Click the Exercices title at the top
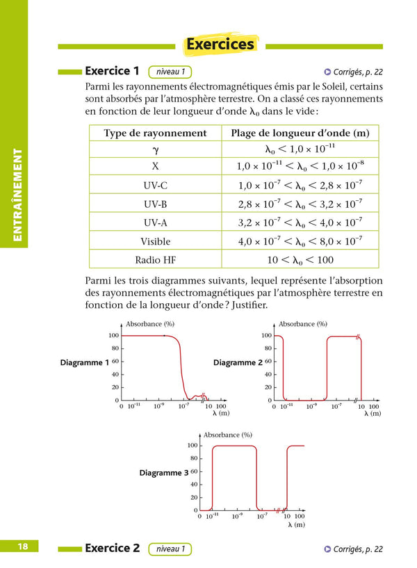(x=220, y=44)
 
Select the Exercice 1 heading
(x=112, y=71)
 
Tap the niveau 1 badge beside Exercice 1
(x=171, y=72)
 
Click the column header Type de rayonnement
(x=155, y=133)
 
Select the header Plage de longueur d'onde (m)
(x=300, y=133)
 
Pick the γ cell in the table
(x=155, y=149)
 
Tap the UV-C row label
(x=155, y=186)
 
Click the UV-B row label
(x=155, y=204)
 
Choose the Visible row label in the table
(x=155, y=241)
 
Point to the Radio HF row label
(x=155, y=259)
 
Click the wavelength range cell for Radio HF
(x=300, y=259)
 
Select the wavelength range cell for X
(x=300, y=167)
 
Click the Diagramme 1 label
(x=85, y=362)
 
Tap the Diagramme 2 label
(x=237, y=362)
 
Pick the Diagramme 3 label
(x=164, y=472)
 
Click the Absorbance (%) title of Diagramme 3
(x=227, y=435)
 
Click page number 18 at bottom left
(x=23, y=547)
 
